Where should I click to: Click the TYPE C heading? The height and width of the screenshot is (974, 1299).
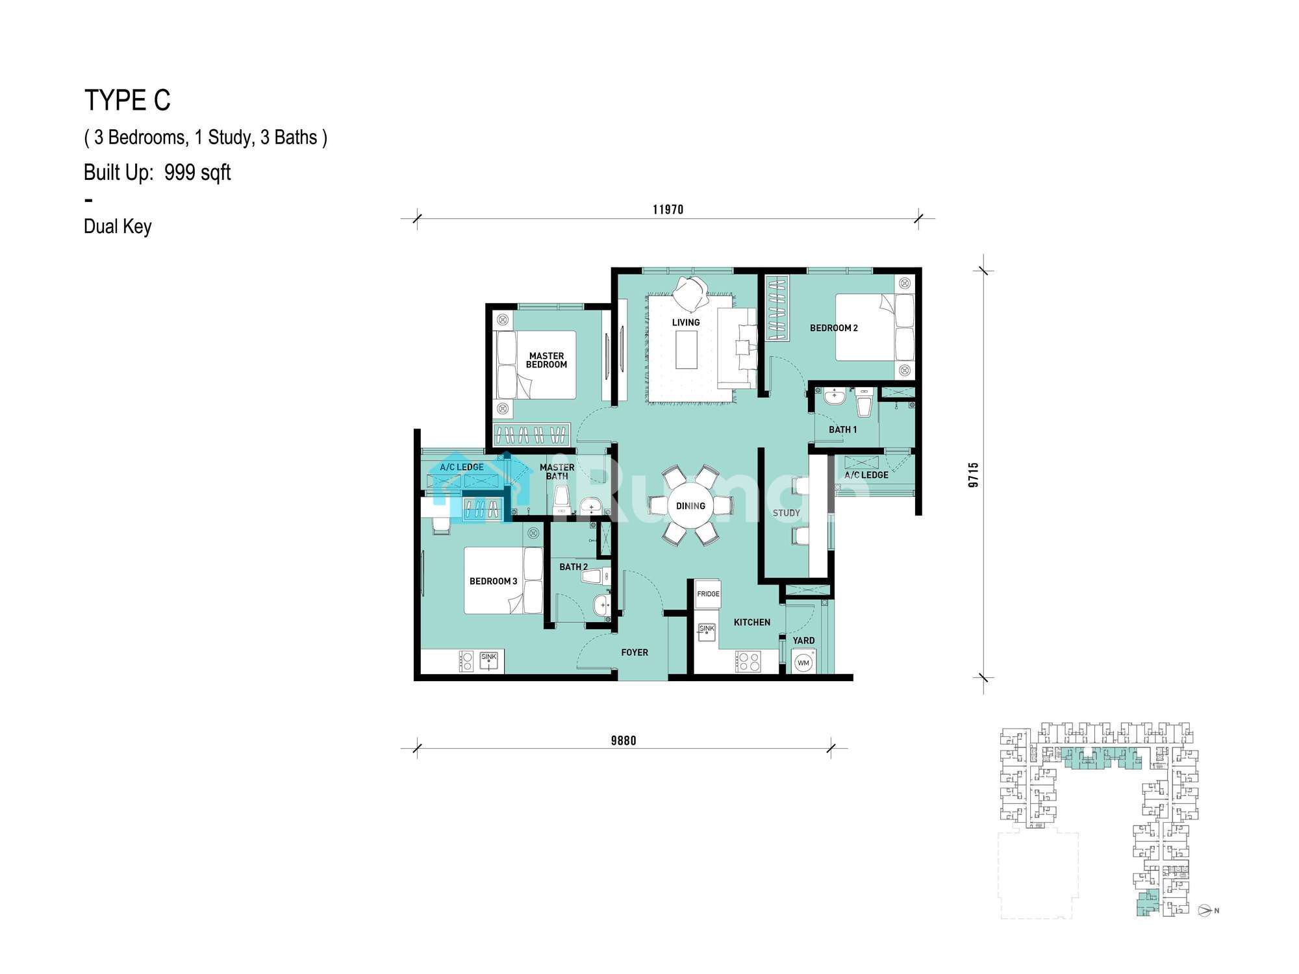tap(127, 101)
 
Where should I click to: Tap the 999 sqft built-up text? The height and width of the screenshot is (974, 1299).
tap(197, 173)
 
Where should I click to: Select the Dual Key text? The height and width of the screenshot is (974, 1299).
tap(118, 227)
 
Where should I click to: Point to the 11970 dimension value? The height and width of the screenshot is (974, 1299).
tap(668, 209)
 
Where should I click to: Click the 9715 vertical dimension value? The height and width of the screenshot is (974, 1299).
tap(973, 475)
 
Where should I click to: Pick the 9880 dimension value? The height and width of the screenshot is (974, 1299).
tap(624, 740)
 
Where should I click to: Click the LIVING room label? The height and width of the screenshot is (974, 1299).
tap(686, 322)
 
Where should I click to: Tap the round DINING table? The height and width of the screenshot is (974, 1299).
tap(690, 506)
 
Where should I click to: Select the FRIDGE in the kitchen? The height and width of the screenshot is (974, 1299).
tap(708, 593)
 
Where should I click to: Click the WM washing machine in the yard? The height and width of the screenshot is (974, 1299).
tap(803, 663)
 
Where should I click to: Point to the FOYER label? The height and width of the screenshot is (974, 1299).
tap(635, 653)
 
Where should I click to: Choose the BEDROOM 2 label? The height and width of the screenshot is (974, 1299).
tap(833, 328)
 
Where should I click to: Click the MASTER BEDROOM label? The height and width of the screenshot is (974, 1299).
tap(546, 360)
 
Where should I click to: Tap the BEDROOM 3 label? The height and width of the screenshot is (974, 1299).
tap(494, 581)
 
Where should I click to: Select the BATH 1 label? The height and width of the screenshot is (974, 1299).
tap(842, 429)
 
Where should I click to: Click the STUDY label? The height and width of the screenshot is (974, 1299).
tap(786, 513)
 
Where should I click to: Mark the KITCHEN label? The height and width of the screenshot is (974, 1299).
tap(752, 622)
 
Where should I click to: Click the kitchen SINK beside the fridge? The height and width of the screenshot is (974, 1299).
tap(707, 632)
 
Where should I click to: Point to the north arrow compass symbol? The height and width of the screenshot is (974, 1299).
tap(1205, 910)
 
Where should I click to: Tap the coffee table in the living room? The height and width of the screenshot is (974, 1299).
tap(687, 350)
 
